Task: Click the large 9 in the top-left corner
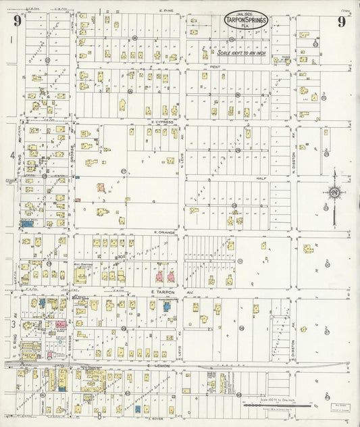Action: pyautogui.click(x=17, y=21)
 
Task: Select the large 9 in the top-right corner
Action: pyautogui.click(x=342, y=21)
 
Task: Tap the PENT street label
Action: pyautogui.click(x=215, y=67)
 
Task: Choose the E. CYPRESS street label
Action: pyautogui.click(x=163, y=122)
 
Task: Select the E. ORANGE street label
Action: pyautogui.click(x=163, y=232)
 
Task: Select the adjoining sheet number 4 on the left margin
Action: pyautogui.click(x=11, y=155)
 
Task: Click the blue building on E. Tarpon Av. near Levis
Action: pyautogui.click(x=167, y=306)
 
